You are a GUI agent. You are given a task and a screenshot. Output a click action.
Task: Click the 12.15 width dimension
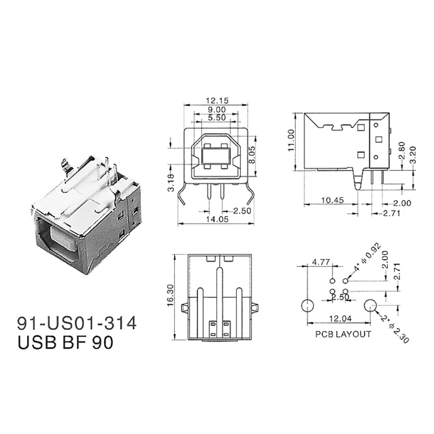click(216, 100)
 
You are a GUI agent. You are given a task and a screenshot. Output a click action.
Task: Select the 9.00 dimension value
click(216, 110)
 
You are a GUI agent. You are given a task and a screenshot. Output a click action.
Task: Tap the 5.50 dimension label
click(216, 117)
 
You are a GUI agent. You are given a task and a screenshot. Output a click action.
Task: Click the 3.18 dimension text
click(171, 183)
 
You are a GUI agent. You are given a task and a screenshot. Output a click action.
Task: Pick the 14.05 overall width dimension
click(216, 219)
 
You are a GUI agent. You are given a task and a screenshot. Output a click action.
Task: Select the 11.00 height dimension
click(291, 141)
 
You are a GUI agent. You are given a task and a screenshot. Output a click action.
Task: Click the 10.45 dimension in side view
click(332, 200)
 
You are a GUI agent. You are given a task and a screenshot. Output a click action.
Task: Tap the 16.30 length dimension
click(170, 295)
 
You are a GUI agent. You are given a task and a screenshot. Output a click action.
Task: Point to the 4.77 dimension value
click(321, 262)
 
